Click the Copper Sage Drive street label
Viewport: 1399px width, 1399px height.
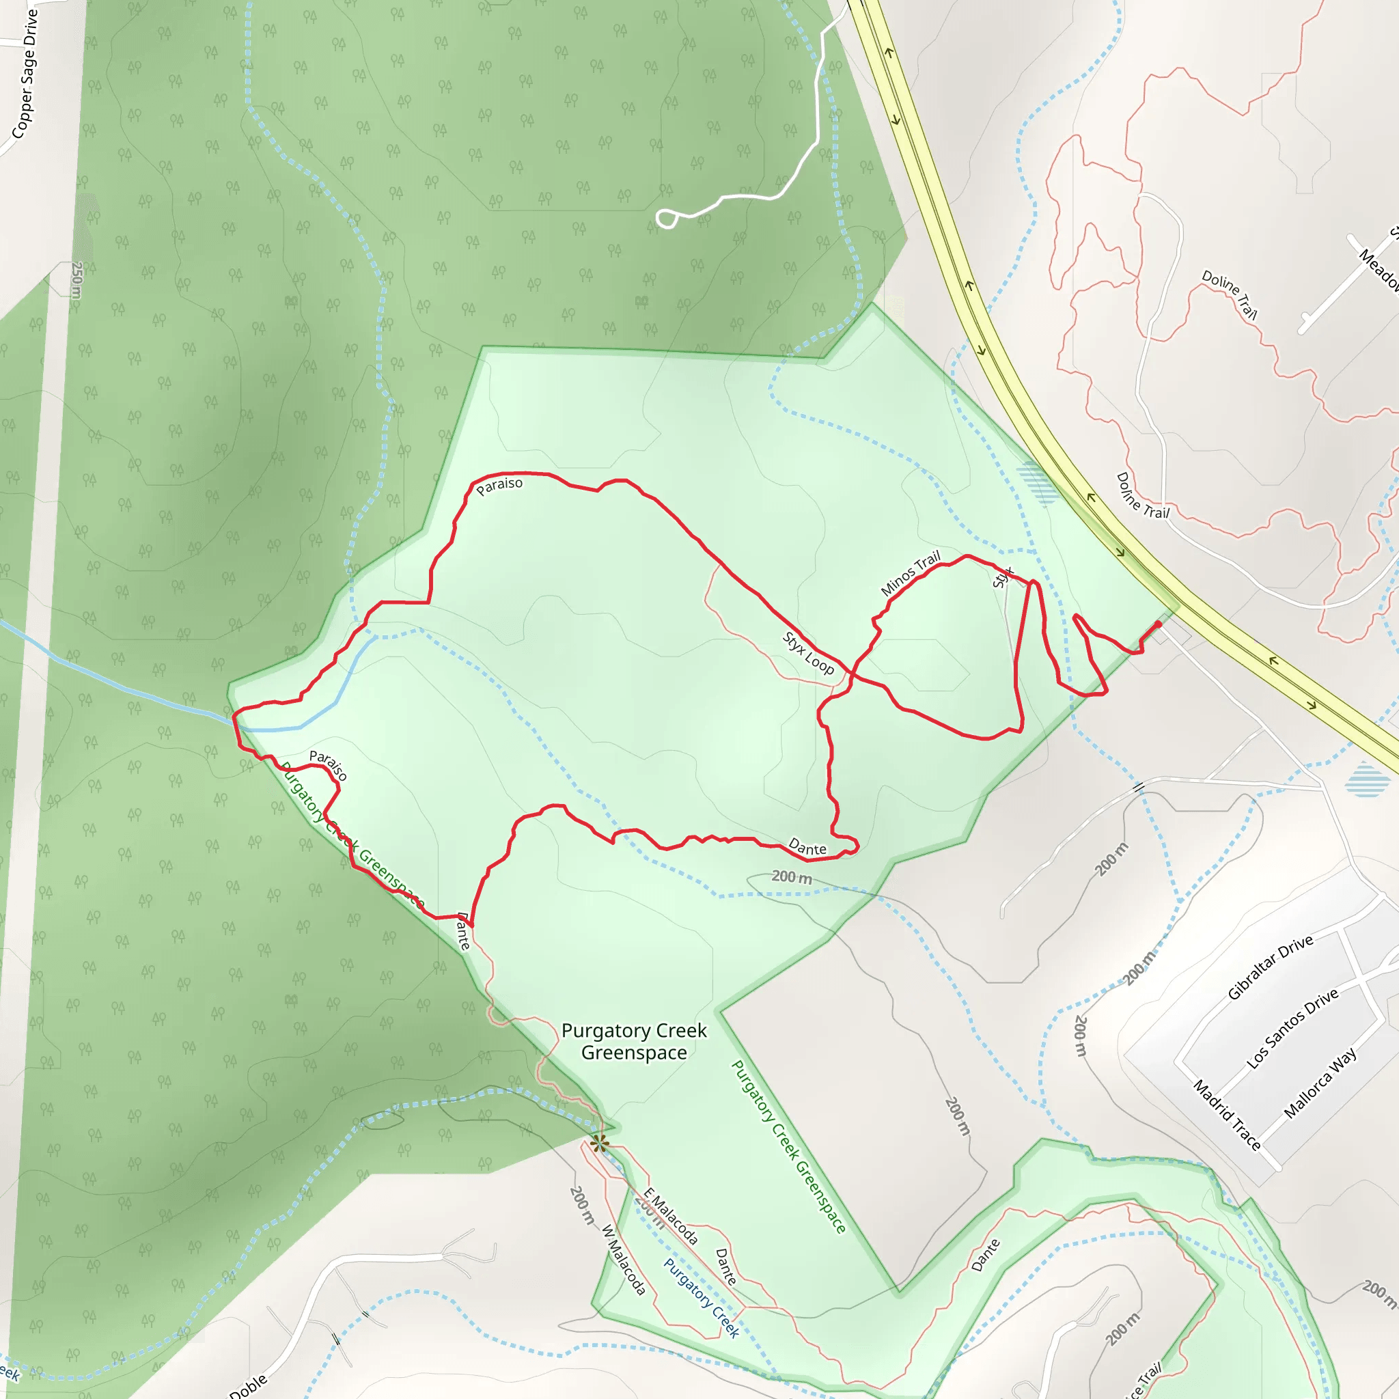[x=25, y=74]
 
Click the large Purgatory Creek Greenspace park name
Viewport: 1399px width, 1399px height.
[x=635, y=1041]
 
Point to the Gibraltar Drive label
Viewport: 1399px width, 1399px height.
[x=1270, y=967]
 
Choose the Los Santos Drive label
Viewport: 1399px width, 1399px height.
[x=1292, y=1029]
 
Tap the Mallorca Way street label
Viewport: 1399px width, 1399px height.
[x=1319, y=1083]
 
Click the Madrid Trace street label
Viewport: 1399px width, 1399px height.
[x=1228, y=1115]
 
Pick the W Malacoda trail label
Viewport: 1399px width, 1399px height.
[x=624, y=1260]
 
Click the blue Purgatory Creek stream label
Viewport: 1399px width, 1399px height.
[x=701, y=1299]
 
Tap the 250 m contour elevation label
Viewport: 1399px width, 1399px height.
[x=77, y=279]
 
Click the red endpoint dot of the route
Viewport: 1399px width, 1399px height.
[x=1159, y=624]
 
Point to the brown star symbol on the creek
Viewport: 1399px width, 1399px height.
[x=599, y=1144]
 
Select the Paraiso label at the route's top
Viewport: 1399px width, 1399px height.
[x=499, y=486]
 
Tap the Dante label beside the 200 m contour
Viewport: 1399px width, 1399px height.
[x=807, y=846]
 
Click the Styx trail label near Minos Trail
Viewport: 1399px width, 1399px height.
[x=1003, y=577]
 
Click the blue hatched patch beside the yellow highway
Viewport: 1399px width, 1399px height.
[x=1037, y=483]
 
